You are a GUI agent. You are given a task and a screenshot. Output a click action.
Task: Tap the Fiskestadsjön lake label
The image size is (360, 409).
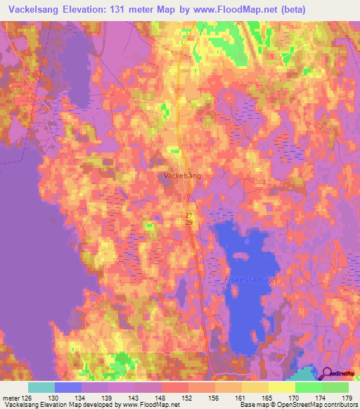(x=250, y=279)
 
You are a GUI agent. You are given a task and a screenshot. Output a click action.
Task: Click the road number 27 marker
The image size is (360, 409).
(x=189, y=216)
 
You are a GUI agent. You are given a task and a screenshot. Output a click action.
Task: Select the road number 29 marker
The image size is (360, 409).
(x=189, y=223)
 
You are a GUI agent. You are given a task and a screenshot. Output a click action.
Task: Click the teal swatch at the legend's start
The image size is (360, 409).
(x=41, y=387)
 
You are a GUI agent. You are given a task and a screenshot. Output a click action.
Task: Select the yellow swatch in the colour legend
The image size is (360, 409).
(x=281, y=387)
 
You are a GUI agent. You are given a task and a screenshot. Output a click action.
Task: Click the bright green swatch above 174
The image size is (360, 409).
(x=308, y=387)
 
